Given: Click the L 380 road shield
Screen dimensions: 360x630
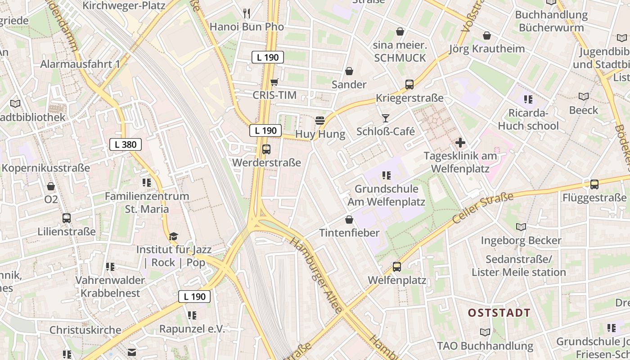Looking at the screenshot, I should pyautogui.click(x=126, y=144).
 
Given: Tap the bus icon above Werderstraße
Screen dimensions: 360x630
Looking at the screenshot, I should pyautogui.click(x=266, y=149).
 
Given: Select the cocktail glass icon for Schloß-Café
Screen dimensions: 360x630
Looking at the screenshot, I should pyautogui.click(x=386, y=118).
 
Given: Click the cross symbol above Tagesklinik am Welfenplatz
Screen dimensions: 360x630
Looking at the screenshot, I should pyautogui.click(x=460, y=143).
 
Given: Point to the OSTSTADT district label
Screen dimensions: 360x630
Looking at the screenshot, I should pyautogui.click(x=499, y=313).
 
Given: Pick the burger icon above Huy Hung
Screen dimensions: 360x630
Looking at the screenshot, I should pyautogui.click(x=320, y=121).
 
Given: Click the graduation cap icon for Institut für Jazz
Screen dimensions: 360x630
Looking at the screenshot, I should pyautogui.click(x=173, y=236).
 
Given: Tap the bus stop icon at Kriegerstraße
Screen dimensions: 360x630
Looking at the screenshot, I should pyautogui.click(x=409, y=84).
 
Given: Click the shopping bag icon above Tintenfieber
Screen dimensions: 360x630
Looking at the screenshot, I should pyautogui.click(x=349, y=220).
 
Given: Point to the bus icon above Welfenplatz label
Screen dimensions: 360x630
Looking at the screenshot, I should pyautogui.click(x=396, y=267).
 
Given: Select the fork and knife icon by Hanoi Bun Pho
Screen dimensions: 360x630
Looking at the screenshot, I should pyautogui.click(x=246, y=13).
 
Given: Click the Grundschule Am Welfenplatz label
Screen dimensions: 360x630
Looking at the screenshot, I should pyautogui.click(x=386, y=195).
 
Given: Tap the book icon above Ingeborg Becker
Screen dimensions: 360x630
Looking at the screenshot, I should pyautogui.click(x=521, y=227).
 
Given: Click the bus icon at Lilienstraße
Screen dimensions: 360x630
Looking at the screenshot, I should pyautogui.click(x=67, y=218).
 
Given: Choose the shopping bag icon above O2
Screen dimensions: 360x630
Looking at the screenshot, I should pyautogui.click(x=51, y=186).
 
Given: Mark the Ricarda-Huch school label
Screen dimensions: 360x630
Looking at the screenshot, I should pyautogui.click(x=528, y=119).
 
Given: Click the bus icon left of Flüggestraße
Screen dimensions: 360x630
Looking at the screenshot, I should pyautogui.click(x=594, y=184).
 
